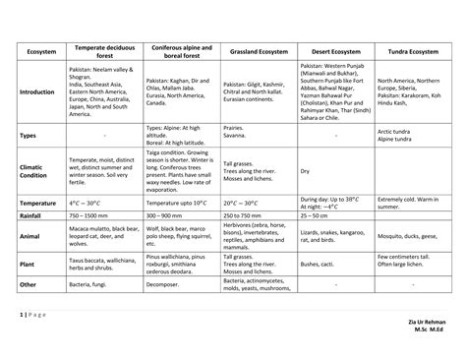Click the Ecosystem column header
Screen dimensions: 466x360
tap(41, 50)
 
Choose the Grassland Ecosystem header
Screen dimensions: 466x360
tap(259, 50)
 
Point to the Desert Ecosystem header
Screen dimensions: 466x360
tap(335, 50)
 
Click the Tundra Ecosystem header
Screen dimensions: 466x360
tap(414, 50)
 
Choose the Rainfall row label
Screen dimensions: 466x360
tap(32, 215)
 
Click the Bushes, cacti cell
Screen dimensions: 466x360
tap(321, 264)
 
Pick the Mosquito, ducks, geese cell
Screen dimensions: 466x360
tap(414, 236)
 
